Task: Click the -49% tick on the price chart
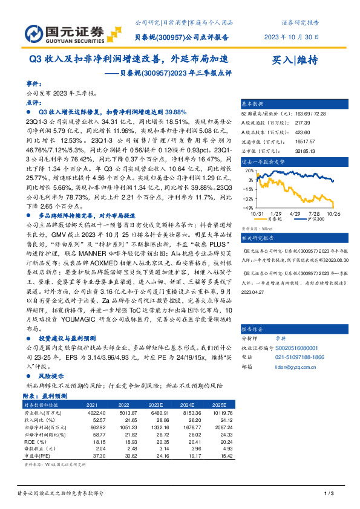click(249, 207)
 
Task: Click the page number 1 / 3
click(330, 494)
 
